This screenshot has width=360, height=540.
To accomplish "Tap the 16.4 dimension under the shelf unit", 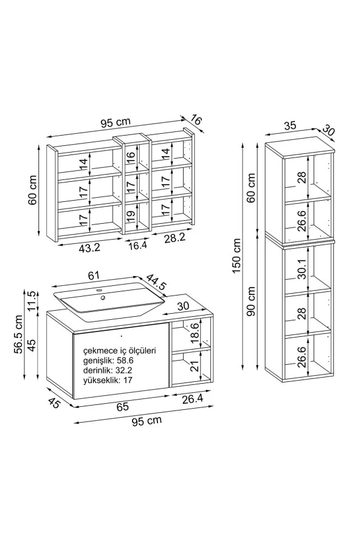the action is click(x=137, y=245).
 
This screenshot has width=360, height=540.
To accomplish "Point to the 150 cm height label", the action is click(x=237, y=256).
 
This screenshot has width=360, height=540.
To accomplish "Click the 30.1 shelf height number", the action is click(x=302, y=269).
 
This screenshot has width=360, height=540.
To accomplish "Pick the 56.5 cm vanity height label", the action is click(x=18, y=334).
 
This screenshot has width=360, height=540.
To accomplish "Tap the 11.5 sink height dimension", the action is click(x=32, y=300).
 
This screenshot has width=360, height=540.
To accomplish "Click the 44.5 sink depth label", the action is click(x=157, y=282).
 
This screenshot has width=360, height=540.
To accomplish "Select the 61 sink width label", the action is click(x=94, y=275).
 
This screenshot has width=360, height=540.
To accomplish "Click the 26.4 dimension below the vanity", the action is click(x=192, y=399).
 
